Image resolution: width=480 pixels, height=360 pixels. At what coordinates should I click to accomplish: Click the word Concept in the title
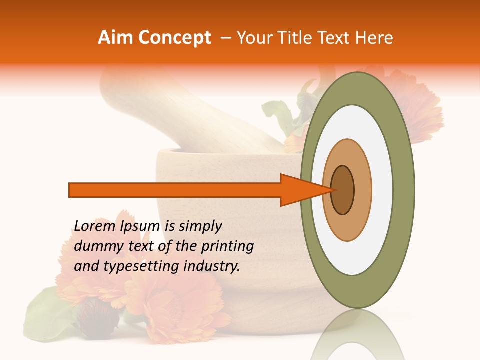pos(174,38)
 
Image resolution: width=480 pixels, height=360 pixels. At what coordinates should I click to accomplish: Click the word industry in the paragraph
pos(211,266)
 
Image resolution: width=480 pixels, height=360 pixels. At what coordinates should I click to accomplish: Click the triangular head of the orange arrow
pos(300,190)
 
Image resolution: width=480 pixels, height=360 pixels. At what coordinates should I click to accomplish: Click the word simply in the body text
pos(200,226)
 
